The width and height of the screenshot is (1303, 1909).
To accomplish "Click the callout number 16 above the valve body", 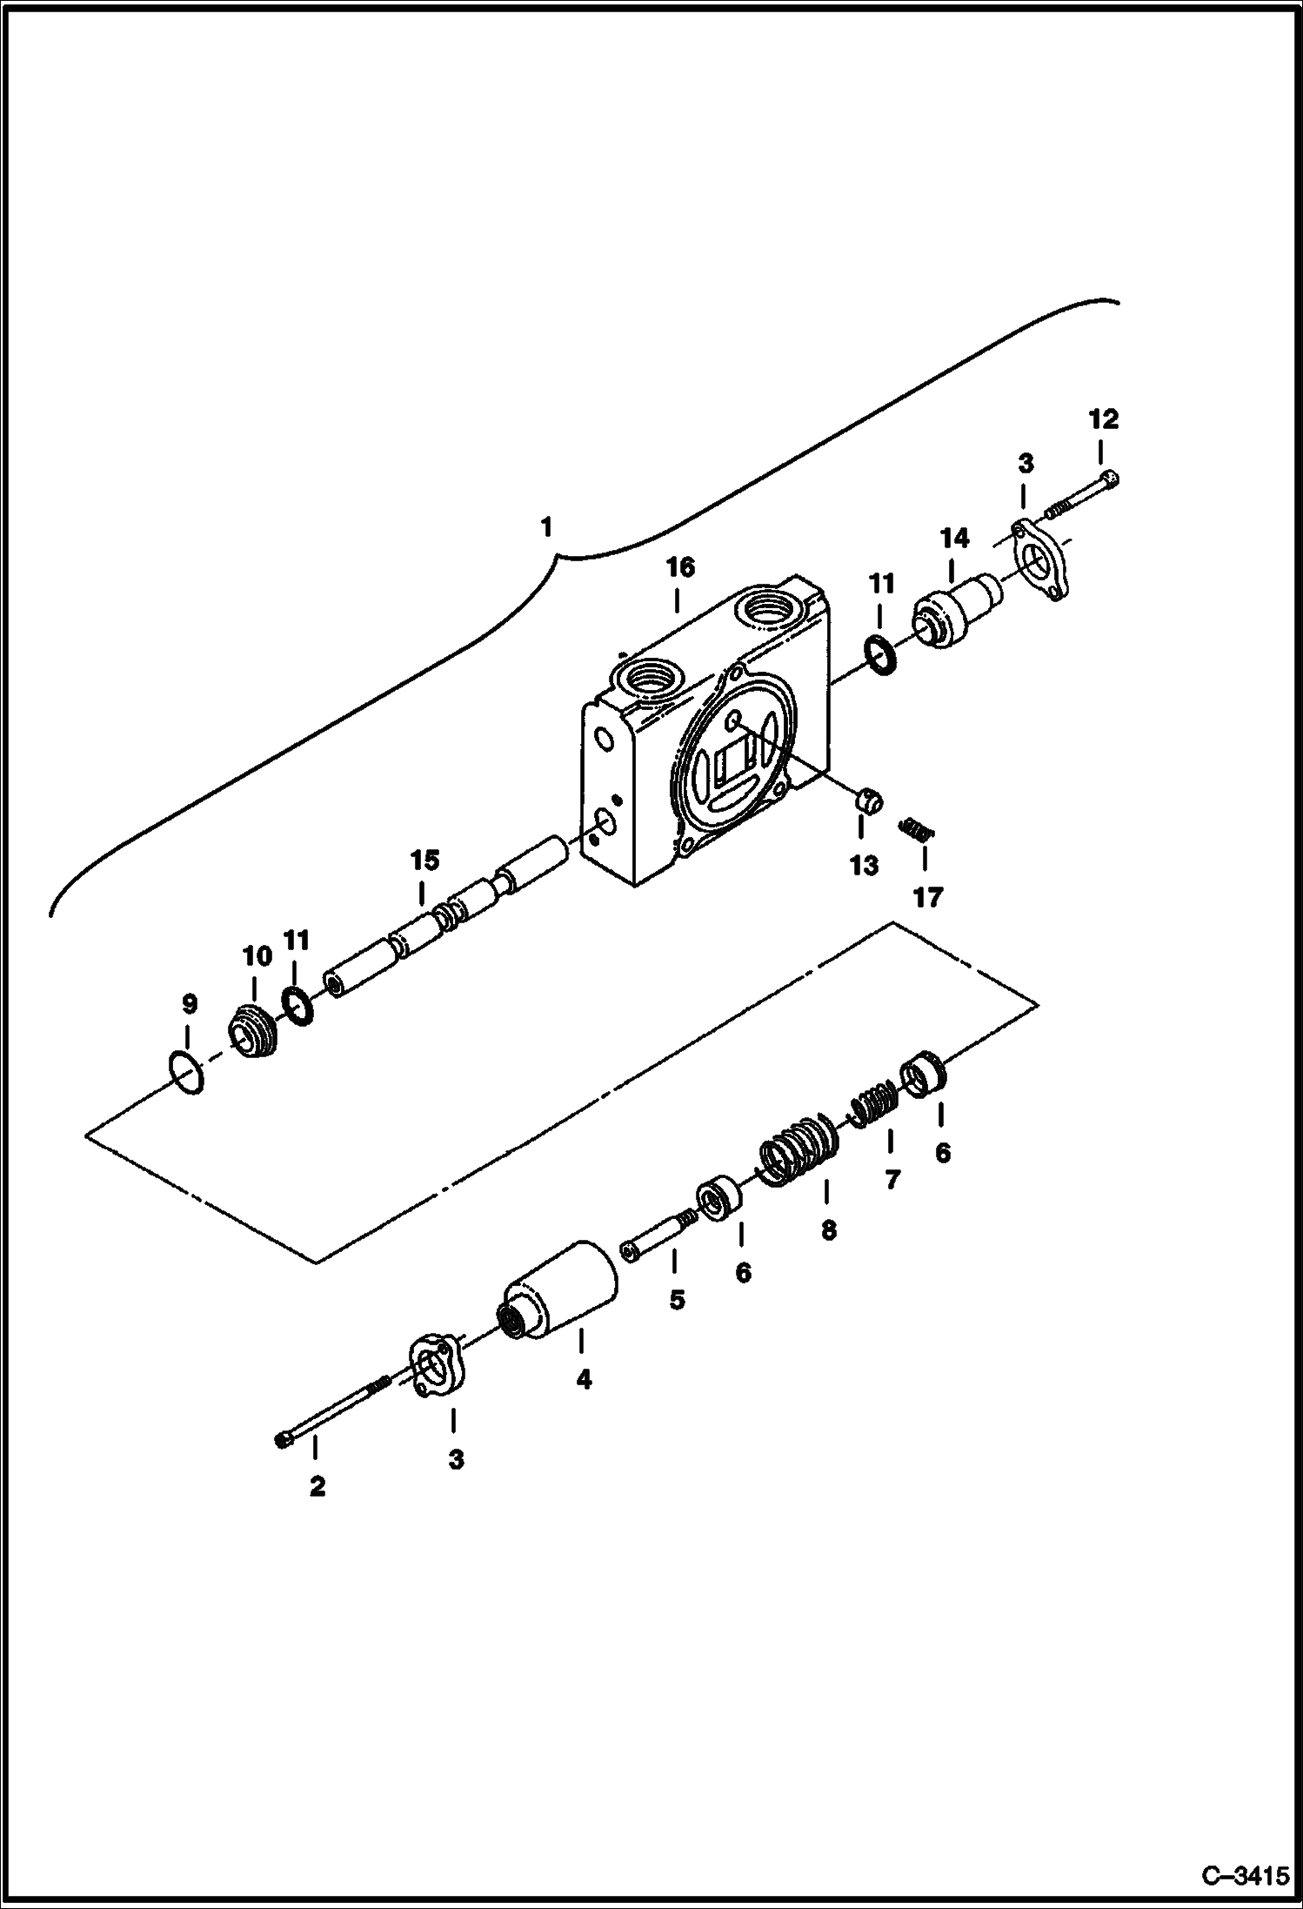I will click(x=680, y=567).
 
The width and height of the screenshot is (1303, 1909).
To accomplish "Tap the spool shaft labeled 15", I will click(x=444, y=938).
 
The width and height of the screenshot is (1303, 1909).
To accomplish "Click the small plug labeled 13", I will click(x=867, y=800).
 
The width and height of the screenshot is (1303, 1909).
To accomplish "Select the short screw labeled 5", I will click(x=658, y=1233).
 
